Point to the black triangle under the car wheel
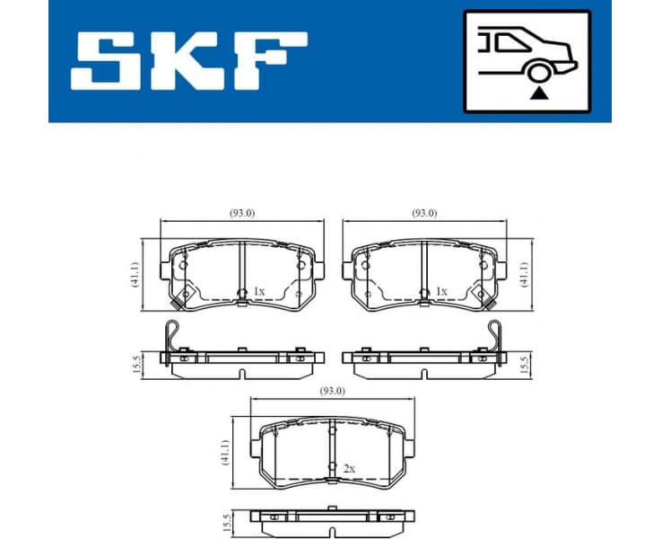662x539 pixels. (539, 93)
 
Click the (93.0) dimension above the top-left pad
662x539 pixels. (242, 213)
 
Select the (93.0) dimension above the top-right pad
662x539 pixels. (423, 213)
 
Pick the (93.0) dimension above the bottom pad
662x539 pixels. (331, 390)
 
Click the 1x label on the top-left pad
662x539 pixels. (258, 292)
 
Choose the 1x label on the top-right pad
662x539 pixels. (440, 292)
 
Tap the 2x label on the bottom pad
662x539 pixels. (349, 469)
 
